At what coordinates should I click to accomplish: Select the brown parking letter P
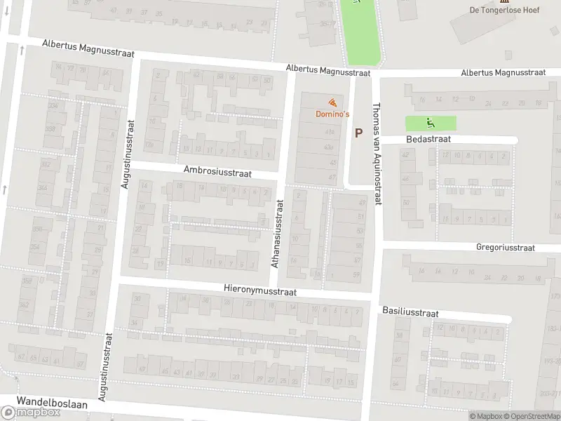point(359,132)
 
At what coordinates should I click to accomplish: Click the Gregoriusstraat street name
point(505,247)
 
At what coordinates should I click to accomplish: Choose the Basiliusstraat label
point(410,310)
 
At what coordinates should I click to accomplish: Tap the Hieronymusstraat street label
point(260,290)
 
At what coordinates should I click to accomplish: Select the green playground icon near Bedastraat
point(430,123)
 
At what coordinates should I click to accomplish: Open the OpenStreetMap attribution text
point(531,416)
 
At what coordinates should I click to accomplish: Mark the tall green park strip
point(362,32)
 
